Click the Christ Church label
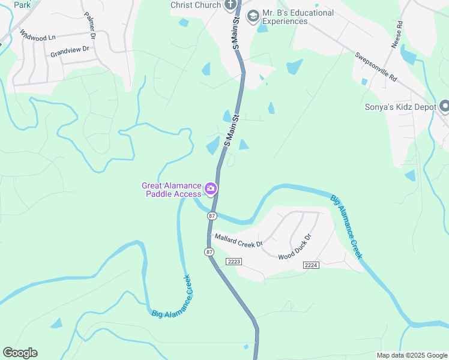click(196, 5)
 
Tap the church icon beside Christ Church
click(230, 5)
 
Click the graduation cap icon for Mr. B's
click(253, 14)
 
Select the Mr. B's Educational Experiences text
click(298, 17)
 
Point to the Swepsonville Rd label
click(376, 67)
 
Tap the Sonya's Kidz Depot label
click(399, 107)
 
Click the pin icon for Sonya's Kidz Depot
click(445, 107)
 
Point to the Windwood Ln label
click(37, 36)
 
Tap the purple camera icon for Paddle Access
click(211, 189)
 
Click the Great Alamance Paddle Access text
click(172, 190)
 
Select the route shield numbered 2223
click(234, 261)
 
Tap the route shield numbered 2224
click(310, 265)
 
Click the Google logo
click(20, 353)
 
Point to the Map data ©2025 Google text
click(411, 355)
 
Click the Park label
click(22, 5)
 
